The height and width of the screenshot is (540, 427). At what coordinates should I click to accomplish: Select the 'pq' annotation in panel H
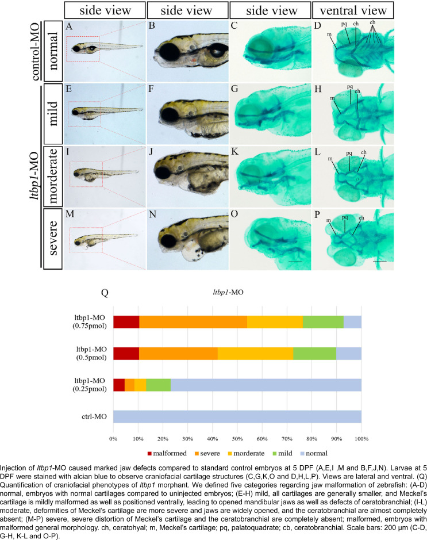(350, 87)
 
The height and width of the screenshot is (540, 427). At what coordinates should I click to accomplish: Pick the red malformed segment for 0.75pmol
(126, 322)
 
